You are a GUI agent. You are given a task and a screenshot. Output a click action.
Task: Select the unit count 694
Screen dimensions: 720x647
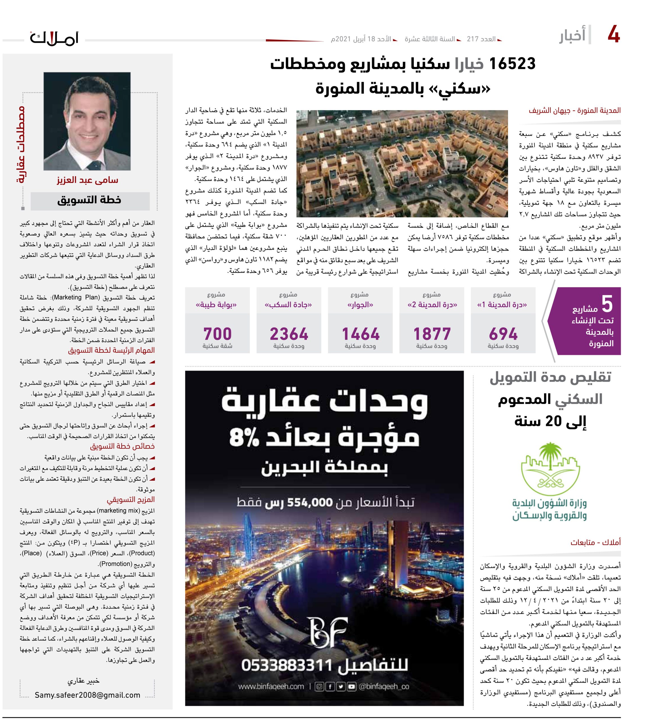point(503,334)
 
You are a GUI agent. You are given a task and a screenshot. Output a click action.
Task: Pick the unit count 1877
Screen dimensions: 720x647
point(432,334)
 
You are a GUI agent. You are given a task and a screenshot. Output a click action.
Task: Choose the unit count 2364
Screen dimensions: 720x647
point(289,334)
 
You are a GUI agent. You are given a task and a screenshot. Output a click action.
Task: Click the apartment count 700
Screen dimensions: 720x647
point(217,334)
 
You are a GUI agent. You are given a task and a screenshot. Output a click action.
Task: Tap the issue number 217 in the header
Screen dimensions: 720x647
point(473,39)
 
